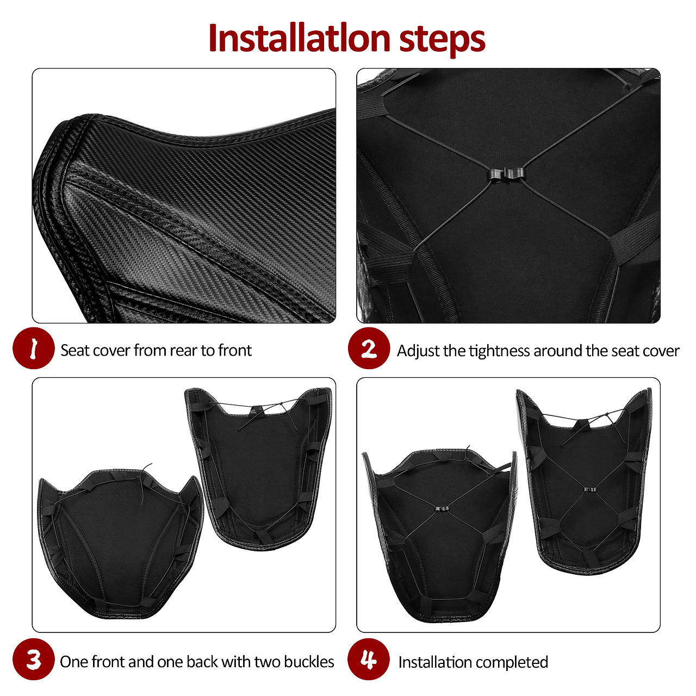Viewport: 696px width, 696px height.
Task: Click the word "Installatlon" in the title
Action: click(x=300, y=38)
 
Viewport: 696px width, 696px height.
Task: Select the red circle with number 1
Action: click(x=34, y=348)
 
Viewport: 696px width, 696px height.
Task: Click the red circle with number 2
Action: click(x=369, y=348)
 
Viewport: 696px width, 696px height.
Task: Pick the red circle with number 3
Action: click(x=34, y=659)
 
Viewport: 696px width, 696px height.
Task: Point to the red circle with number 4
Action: click(x=369, y=659)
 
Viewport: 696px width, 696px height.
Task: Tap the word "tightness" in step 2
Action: click(x=499, y=351)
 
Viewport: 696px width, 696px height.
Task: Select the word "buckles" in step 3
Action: click(x=309, y=662)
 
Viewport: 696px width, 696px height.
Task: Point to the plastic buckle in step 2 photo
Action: click(x=507, y=174)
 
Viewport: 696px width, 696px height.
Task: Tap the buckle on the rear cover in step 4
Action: click(x=590, y=489)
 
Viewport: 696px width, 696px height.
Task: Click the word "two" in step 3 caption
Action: click(x=268, y=662)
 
